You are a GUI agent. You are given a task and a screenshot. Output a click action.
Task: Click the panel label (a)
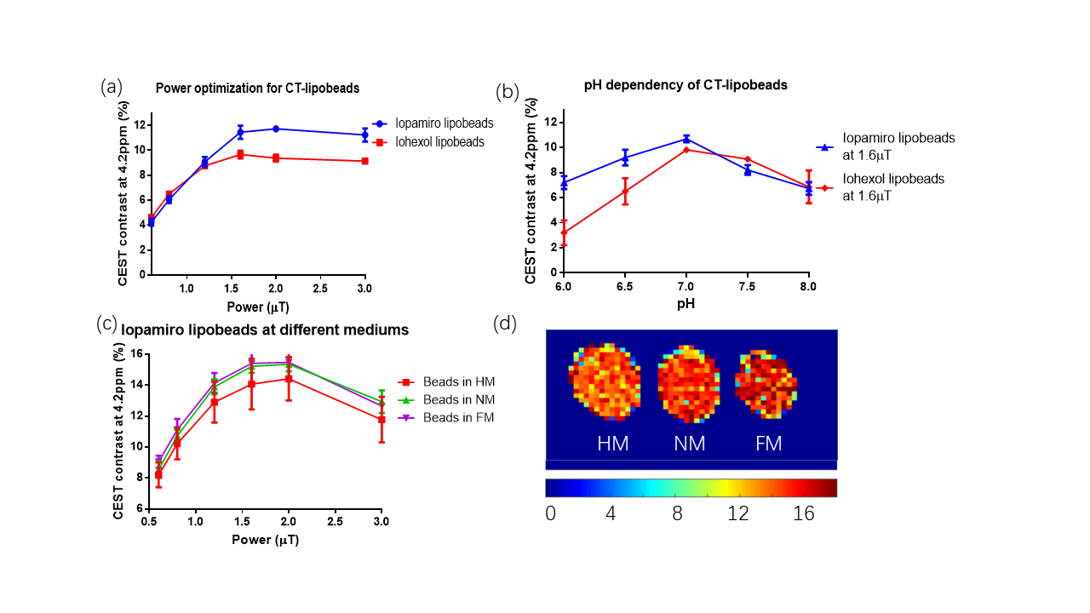pos(112,86)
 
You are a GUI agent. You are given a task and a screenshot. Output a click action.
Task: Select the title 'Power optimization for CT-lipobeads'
pos(257,88)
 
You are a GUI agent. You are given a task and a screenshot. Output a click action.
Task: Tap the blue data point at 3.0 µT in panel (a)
pos(364,135)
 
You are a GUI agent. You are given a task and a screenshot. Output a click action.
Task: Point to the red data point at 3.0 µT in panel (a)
pos(364,161)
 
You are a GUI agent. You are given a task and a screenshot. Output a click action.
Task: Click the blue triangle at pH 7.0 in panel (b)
pos(686,139)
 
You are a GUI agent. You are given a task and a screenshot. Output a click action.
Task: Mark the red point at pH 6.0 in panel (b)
pos(563,232)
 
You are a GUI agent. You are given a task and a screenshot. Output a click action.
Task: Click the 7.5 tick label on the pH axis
pos(747,286)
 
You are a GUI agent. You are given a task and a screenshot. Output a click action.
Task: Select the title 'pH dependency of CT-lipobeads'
pos(686,85)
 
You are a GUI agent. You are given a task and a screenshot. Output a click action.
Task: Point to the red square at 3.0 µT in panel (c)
pos(381,419)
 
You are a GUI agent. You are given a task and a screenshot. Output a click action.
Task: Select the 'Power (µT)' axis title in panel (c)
pos(265,540)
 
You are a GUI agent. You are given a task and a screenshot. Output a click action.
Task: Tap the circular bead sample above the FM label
pos(765,383)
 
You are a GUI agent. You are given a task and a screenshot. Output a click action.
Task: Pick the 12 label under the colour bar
pos(737,514)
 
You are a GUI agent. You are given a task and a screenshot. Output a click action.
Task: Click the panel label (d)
pos(506,324)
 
